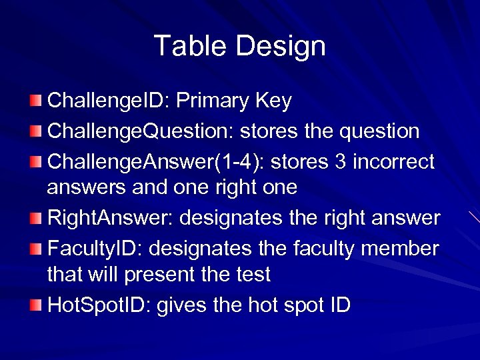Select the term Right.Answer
[111, 218]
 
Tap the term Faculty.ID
[95, 249]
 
